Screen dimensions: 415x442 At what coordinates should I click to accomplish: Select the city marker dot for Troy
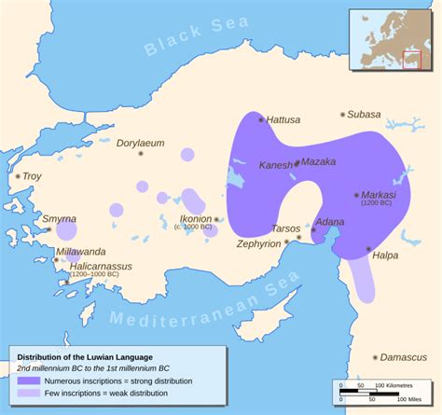click(x=17, y=176)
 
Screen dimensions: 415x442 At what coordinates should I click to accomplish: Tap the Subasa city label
click(x=365, y=114)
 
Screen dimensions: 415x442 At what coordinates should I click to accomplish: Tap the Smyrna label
click(x=60, y=220)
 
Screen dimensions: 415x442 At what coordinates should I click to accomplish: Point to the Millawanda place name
click(x=81, y=252)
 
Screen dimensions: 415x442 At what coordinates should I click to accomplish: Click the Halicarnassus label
click(x=94, y=267)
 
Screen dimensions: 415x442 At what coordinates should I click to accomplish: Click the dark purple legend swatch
click(x=28, y=380)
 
